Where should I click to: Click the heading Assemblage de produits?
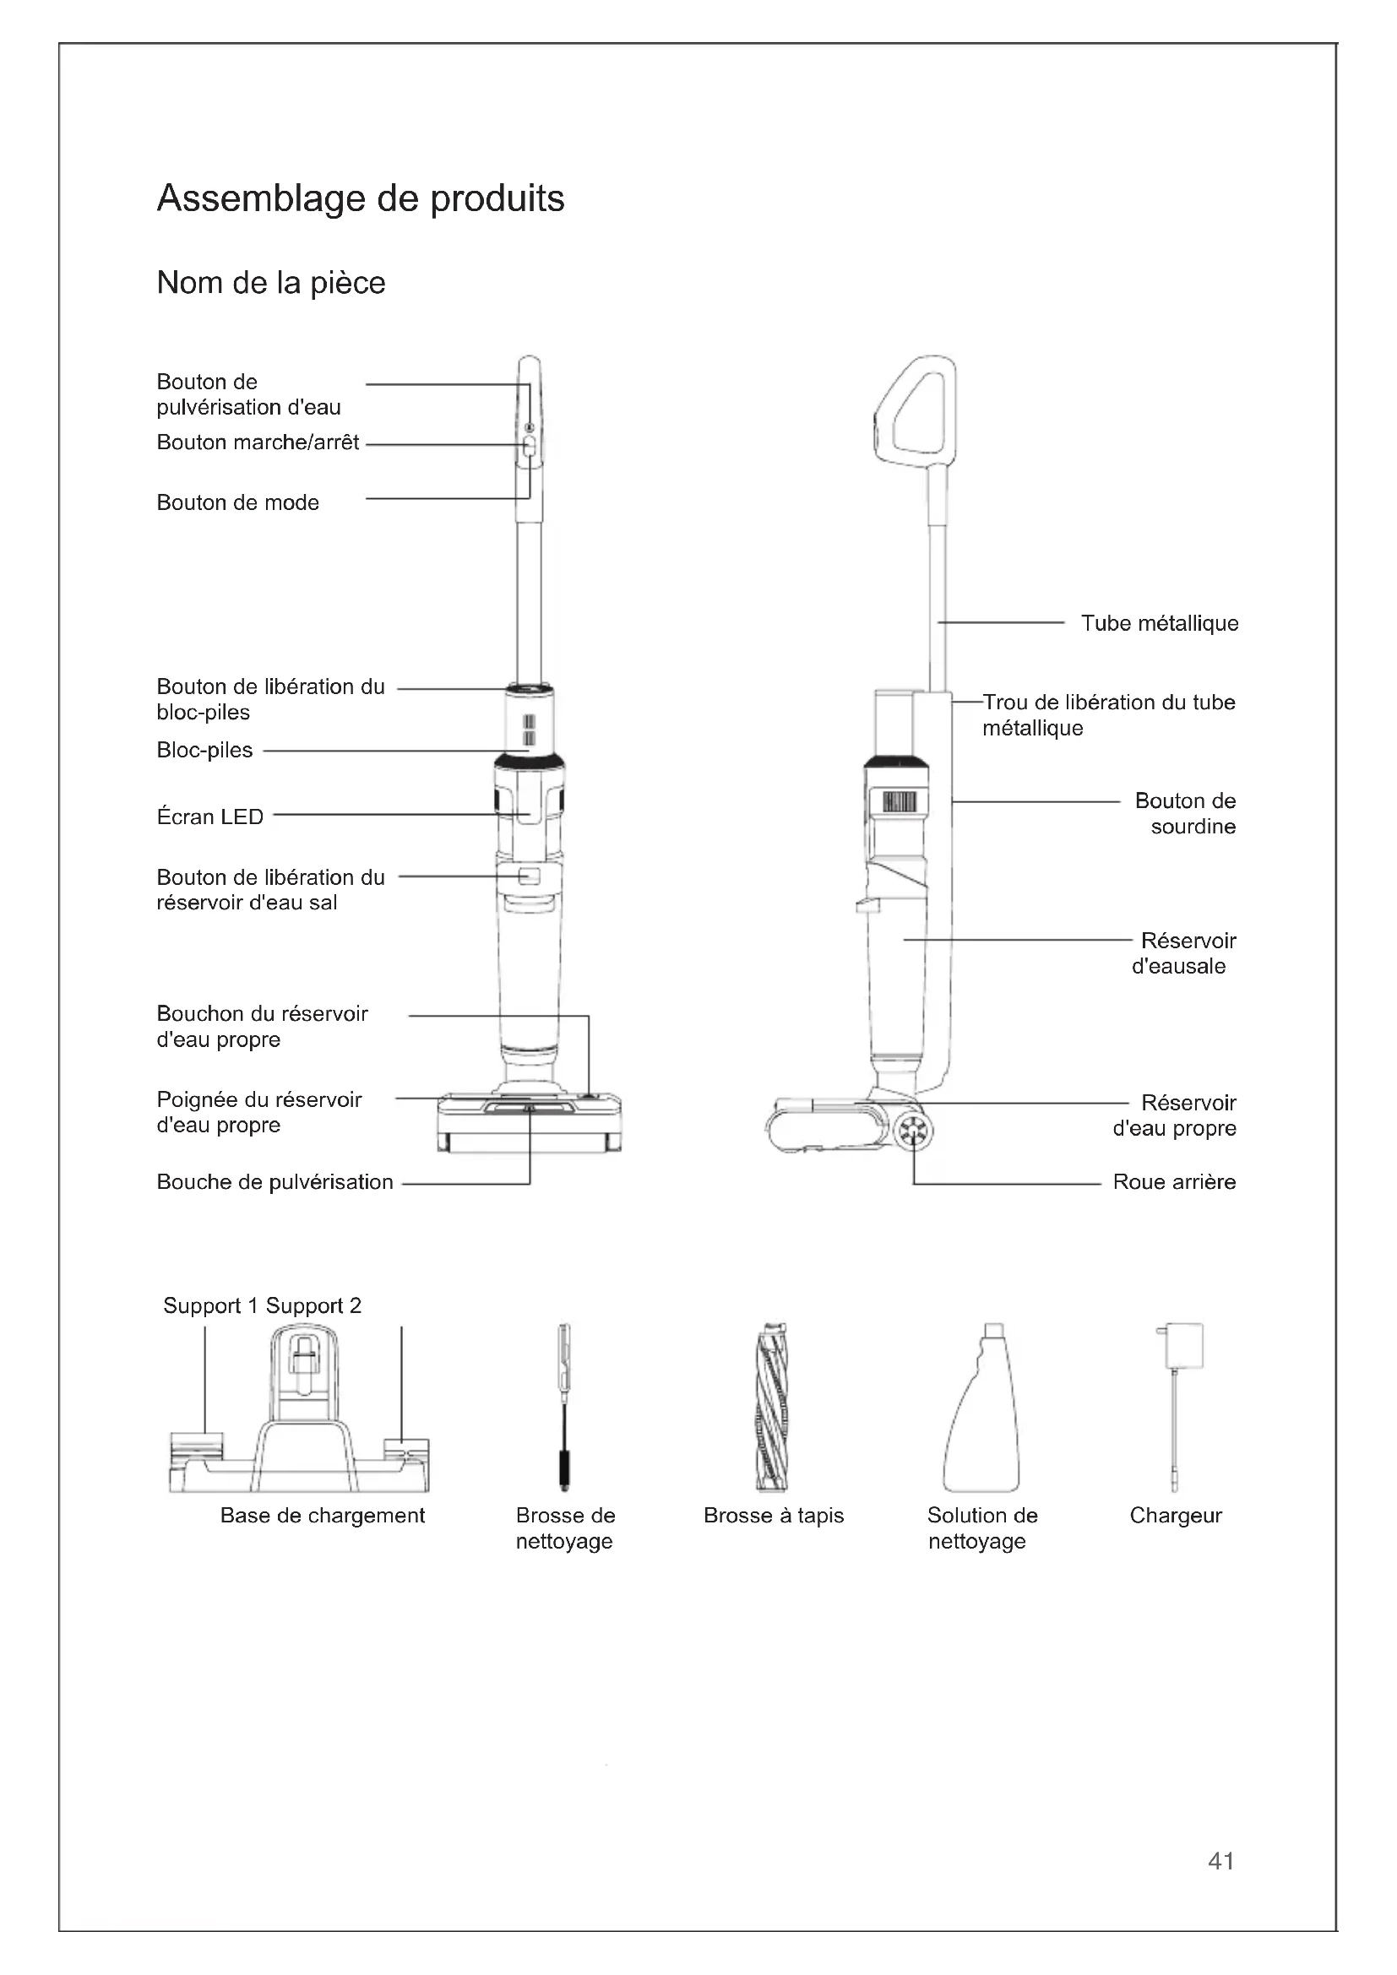click(x=361, y=198)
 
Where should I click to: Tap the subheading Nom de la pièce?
click(x=271, y=283)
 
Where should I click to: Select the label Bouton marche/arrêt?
click(x=258, y=442)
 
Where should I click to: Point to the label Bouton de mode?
click(x=237, y=502)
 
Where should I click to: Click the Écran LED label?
click(x=210, y=817)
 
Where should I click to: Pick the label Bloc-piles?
click(x=204, y=750)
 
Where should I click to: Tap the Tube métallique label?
click(x=1160, y=624)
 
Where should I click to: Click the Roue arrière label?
click(x=1174, y=1182)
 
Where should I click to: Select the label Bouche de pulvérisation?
click(x=275, y=1182)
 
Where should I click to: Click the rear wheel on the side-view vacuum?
click(x=913, y=1133)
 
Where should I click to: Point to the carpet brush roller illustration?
click(x=772, y=1408)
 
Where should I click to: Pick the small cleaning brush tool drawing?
click(x=564, y=1408)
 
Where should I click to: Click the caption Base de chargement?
click(x=323, y=1516)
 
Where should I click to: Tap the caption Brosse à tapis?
click(x=774, y=1516)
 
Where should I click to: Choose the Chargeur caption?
click(x=1175, y=1516)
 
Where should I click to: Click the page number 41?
click(x=1220, y=1861)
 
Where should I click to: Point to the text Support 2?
click(x=313, y=1305)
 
